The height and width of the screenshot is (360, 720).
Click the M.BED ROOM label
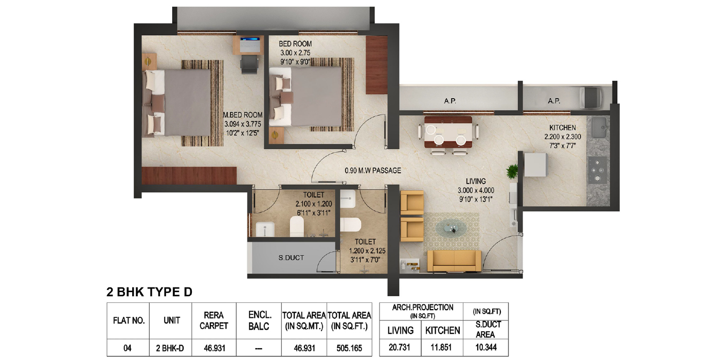click(243, 115)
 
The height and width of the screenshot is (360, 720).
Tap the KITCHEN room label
click(563, 128)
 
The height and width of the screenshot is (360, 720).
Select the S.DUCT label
click(291, 258)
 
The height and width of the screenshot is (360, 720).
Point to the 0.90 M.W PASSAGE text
click(373, 171)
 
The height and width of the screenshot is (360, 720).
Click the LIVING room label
click(476, 181)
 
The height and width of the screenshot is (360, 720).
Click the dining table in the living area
click(448, 132)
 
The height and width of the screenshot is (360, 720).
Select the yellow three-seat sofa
click(454, 261)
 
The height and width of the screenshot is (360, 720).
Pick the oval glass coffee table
click(451, 228)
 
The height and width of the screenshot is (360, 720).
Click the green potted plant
click(512, 171)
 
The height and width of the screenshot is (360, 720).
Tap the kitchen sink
click(599, 128)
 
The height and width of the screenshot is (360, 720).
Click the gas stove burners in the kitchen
click(598, 170)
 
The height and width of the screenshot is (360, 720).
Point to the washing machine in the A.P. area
click(591, 97)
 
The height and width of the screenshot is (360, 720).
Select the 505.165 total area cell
click(349, 348)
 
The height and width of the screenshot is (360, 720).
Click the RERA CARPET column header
click(214, 320)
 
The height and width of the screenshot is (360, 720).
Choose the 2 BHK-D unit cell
click(170, 348)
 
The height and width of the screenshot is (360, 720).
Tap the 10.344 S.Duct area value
click(486, 347)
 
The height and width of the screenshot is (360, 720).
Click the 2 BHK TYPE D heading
click(150, 292)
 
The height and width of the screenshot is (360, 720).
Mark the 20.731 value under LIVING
click(400, 347)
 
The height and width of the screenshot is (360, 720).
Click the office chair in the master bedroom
click(249, 64)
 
